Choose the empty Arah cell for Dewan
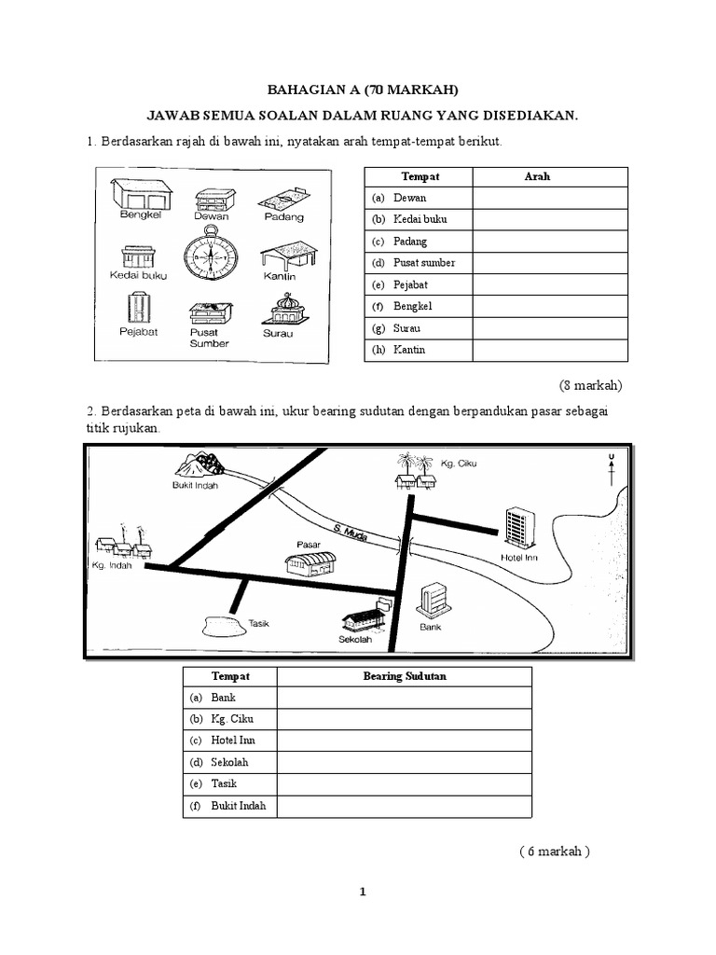point(550,198)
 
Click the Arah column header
point(538,176)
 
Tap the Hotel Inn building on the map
point(516,528)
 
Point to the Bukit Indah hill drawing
point(200,464)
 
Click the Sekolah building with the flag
point(365,614)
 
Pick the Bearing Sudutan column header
point(404,676)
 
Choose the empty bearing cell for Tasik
point(404,783)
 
